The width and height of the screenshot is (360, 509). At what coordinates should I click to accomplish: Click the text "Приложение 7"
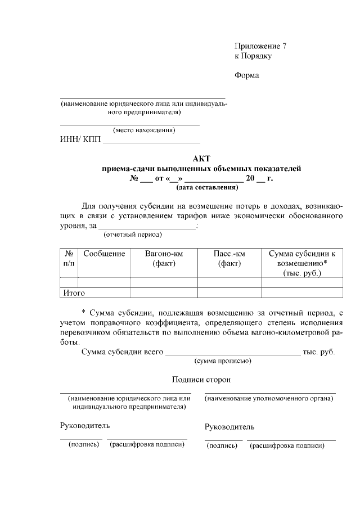click(260, 46)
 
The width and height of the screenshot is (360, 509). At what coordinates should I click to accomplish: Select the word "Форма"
click(246, 76)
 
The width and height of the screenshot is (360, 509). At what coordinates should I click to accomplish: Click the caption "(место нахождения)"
click(144, 130)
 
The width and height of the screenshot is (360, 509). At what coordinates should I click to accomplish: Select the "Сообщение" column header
click(104, 254)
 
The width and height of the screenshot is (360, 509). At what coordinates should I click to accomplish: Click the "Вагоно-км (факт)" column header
click(164, 259)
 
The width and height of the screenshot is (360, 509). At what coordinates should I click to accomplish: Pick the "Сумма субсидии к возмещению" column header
click(302, 263)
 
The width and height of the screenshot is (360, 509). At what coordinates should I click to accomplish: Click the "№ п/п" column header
click(69, 259)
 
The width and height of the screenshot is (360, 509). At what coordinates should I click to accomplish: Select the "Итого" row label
click(74, 293)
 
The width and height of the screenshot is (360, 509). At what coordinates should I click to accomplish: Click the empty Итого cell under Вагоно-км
click(164, 293)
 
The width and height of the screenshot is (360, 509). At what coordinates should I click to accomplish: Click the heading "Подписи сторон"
click(201, 380)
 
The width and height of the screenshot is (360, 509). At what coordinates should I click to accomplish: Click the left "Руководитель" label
click(85, 425)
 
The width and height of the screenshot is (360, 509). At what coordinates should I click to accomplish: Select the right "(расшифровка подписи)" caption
click(287, 445)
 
